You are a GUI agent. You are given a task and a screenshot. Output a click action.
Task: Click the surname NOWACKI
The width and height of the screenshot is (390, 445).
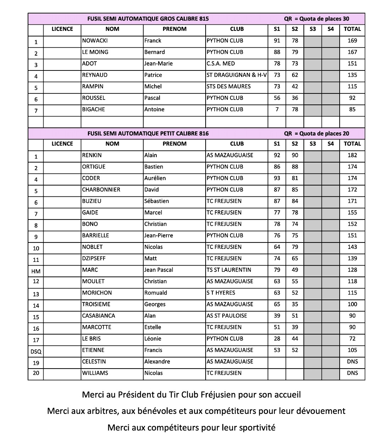coord(95,41)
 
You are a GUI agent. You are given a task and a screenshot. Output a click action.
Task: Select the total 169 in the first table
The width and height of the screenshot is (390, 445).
coord(352,41)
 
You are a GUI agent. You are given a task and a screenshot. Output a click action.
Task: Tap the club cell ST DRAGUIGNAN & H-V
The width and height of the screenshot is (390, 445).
coord(236,75)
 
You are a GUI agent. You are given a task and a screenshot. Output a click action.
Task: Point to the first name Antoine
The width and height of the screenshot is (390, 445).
coord(154,109)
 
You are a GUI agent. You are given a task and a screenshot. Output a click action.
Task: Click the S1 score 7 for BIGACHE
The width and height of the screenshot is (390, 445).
coord(277,109)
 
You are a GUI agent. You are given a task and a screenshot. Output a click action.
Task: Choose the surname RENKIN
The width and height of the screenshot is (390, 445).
coord(92,155)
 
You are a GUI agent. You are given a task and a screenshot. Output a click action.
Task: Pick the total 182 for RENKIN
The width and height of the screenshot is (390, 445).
coord(352,155)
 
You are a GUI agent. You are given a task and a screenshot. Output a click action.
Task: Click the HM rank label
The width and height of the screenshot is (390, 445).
coord(36,272)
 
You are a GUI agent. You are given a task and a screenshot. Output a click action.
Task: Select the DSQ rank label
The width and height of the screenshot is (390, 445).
coord(36,352)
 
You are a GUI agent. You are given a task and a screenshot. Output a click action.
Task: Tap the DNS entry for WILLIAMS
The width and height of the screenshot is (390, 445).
coord(352,373)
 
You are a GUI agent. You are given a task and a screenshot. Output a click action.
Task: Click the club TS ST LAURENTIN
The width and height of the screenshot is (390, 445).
coord(229,270)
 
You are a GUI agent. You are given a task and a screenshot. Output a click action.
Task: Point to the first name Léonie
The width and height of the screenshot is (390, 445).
coord(153,339)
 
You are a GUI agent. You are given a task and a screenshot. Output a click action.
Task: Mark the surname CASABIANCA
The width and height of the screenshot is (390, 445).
coord(99,316)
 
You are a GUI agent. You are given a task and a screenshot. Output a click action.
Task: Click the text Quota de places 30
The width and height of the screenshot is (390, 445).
coord(324,19)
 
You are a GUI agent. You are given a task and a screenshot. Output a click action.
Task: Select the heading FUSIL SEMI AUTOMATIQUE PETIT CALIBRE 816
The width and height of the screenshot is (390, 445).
coord(148,133)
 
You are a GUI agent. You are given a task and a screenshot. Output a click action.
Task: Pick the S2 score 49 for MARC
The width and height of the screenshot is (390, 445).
coord(295,270)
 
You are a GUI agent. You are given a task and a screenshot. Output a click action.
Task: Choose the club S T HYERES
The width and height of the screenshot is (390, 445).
coord(221,293)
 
